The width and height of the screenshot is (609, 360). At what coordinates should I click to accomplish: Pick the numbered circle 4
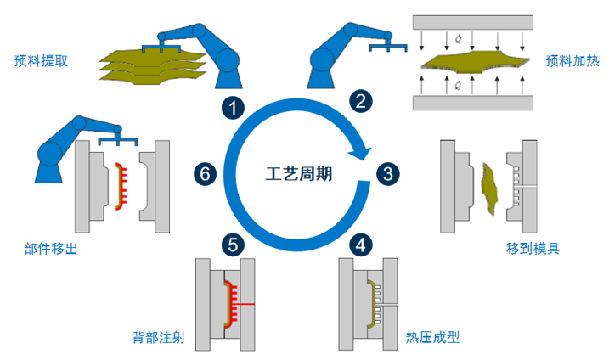[x=363, y=245]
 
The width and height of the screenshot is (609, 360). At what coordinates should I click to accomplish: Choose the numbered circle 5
[x=231, y=245]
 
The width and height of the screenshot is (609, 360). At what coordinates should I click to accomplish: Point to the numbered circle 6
[x=205, y=173]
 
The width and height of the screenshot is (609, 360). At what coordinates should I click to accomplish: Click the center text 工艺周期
[x=297, y=174]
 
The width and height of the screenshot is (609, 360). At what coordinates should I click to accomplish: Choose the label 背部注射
[x=158, y=337]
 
